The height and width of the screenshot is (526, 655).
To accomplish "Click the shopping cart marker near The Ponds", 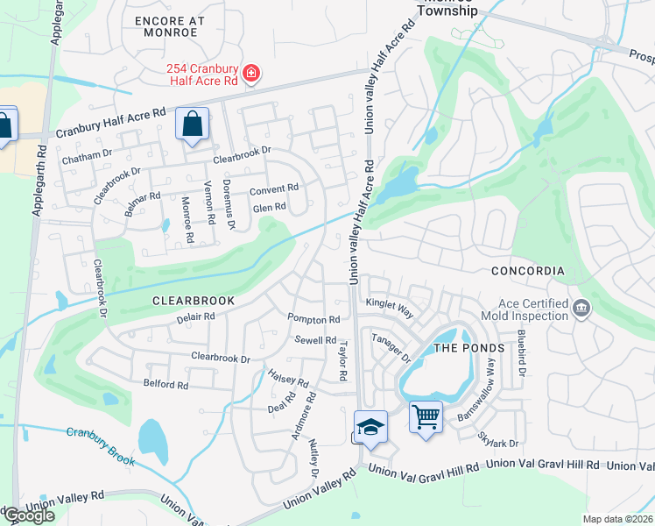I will click(x=425, y=417).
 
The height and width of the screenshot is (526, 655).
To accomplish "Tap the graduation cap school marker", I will click(x=371, y=426).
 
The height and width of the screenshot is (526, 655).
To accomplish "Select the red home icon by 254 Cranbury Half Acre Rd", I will click(x=250, y=72).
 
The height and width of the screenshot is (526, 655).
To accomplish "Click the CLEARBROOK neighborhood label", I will click(x=194, y=300).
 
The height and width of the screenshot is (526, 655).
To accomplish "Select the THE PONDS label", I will click(x=470, y=348).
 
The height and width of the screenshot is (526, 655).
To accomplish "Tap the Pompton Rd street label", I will click(x=313, y=320).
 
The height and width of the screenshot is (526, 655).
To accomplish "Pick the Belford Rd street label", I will click(x=166, y=385).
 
